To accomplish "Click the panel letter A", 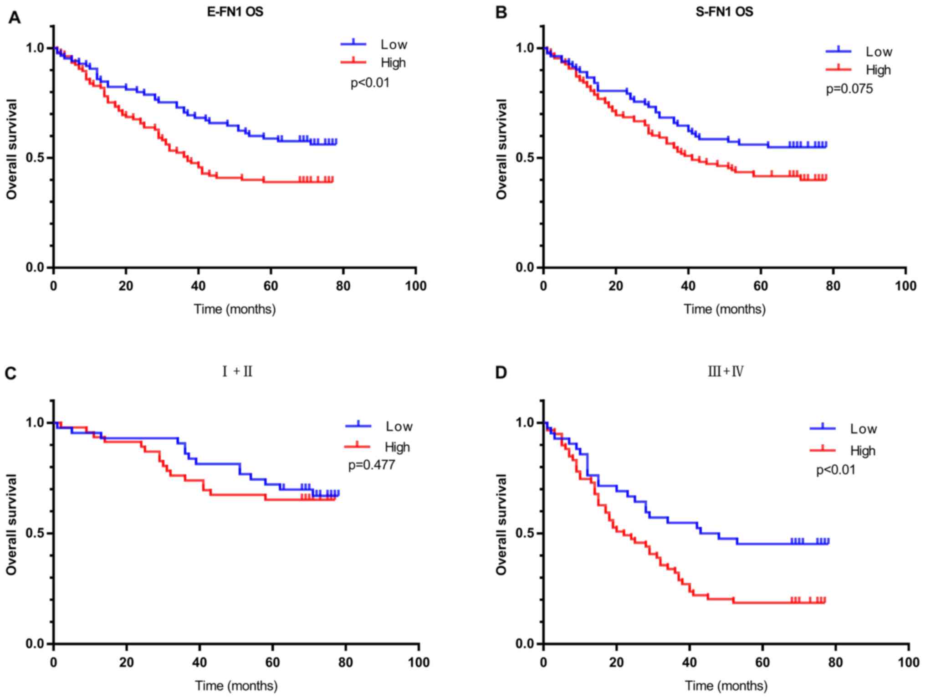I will (x=15, y=18).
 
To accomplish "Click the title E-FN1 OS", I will (x=235, y=12).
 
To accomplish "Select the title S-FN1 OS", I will (x=724, y=12).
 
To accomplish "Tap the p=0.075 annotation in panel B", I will (x=849, y=89).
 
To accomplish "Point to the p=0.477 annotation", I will (x=372, y=465).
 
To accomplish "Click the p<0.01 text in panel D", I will (x=836, y=470).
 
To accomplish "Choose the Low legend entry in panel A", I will (x=394, y=45).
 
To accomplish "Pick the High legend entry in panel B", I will (x=878, y=70).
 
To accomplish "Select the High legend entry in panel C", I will (x=397, y=447).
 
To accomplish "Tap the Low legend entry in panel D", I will (x=863, y=429).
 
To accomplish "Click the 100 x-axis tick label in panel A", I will (x=415, y=286).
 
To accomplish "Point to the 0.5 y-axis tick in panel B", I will (x=526, y=158).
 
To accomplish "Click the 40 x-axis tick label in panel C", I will (x=199, y=662).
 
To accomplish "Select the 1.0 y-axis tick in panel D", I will (x=526, y=423).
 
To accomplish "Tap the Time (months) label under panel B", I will (x=724, y=309).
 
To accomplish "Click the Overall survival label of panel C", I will (x=11, y=524).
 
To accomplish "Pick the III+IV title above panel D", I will (x=726, y=372).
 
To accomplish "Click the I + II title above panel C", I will (x=237, y=372).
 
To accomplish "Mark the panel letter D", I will (x=501, y=373).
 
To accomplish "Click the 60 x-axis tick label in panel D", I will (x=762, y=662).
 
